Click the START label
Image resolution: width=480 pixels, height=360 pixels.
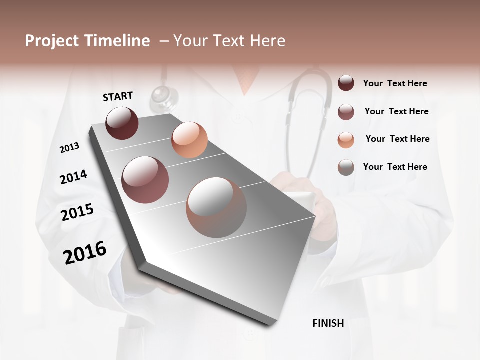[118, 96]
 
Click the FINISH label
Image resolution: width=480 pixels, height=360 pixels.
[328, 323]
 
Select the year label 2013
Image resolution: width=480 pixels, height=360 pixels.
[69, 148]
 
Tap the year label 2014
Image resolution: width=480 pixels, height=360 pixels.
[73, 177]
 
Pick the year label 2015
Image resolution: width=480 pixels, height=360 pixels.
[77, 212]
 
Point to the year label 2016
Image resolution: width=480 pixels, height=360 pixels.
[85, 252]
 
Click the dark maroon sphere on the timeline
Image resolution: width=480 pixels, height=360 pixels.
[122, 123]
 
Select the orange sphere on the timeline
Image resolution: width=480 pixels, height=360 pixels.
[189, 140]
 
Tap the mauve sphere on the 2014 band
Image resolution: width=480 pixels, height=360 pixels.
[145, 180]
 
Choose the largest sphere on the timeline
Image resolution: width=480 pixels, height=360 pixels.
[216, 208]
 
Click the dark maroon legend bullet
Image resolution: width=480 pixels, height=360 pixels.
[346, 83]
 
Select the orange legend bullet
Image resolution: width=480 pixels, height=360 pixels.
[346, 139]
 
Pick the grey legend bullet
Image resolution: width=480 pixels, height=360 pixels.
[346, 167]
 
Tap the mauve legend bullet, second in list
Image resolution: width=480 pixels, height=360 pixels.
[346, 111]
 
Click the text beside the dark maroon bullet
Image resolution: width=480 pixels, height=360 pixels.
[395, 83]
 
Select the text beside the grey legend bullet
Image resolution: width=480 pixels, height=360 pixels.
[395, 167]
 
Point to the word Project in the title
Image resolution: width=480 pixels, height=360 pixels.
[51, 41]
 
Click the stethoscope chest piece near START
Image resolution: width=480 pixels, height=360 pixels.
[163, 96]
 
